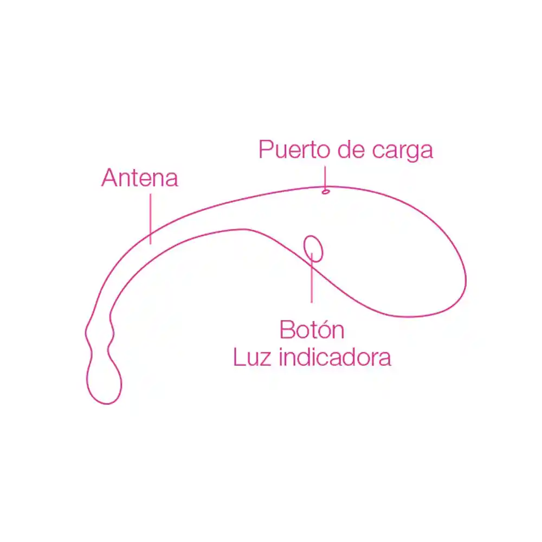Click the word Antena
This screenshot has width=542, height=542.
pos(140,178)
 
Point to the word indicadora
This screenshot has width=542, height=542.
pos(335,357)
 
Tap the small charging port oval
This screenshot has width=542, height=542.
pos(325,191)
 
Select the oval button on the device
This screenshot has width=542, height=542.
pos(313,249)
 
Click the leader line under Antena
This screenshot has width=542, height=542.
pos(150,219)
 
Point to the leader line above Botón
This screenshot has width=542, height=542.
pos(312,278)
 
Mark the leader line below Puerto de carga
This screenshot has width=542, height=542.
pos(325,178)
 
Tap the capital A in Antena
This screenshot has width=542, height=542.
pos(110,178)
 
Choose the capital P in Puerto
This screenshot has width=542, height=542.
pos(266,150)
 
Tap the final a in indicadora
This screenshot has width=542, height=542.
pos(384,359)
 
